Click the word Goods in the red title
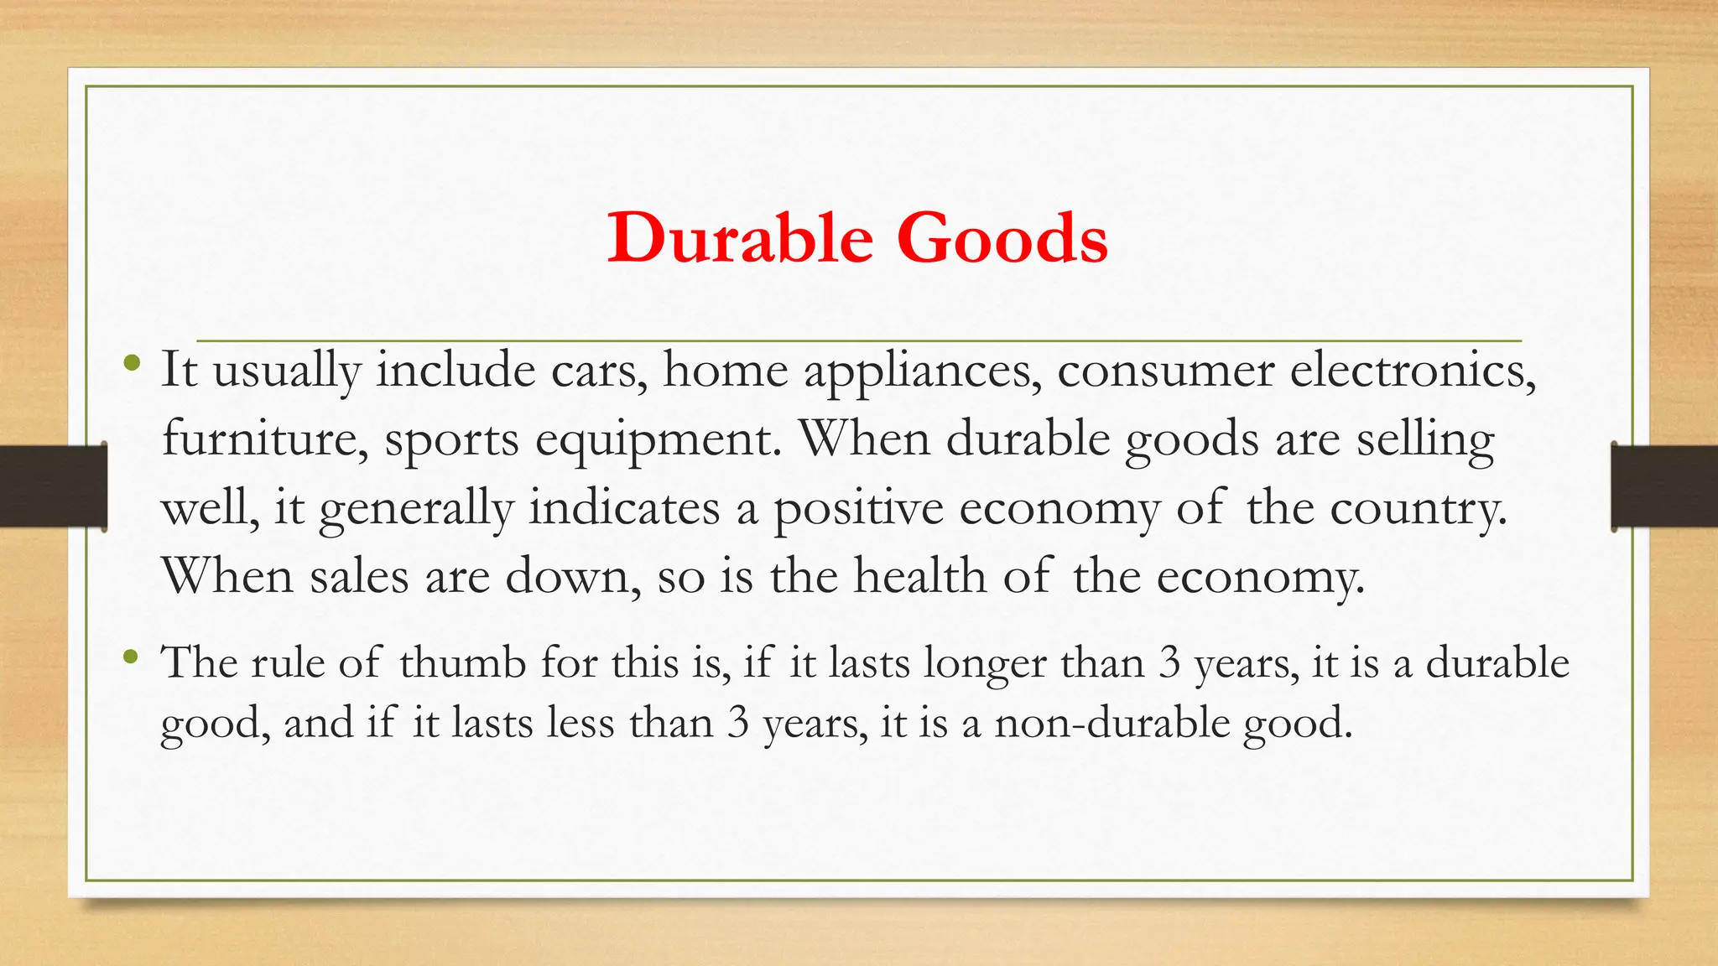point(1002,239)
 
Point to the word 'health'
point(919,577)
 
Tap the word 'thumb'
point(462,662)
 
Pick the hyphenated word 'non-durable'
point(1111,723)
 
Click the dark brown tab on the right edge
point(1664,486)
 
